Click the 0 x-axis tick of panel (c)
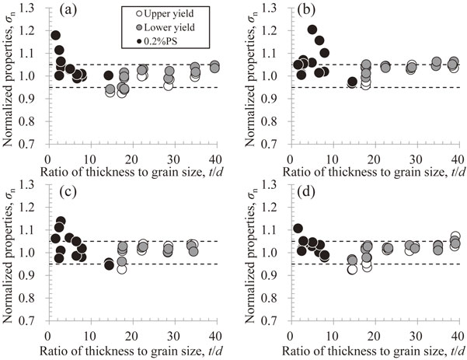tap(48, 336)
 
